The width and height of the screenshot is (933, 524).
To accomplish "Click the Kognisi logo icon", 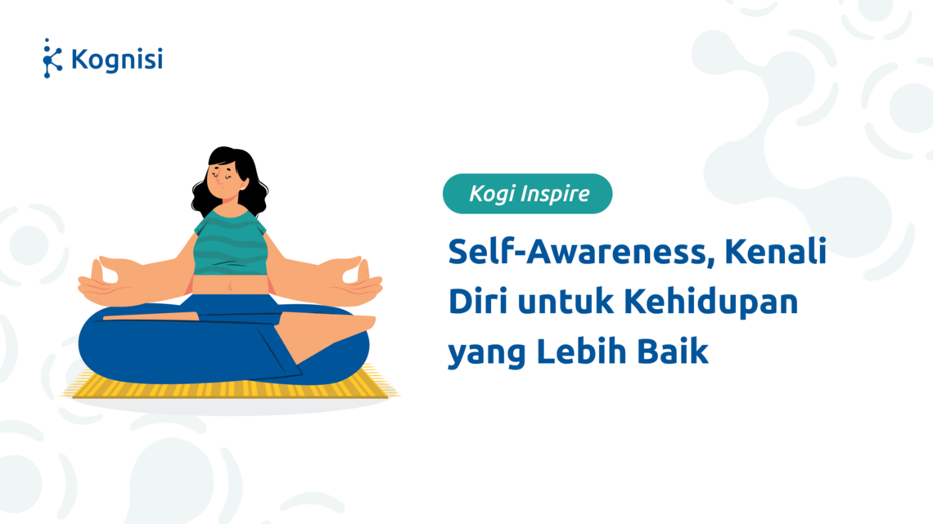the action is (52, 58).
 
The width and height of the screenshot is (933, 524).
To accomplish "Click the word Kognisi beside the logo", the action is (116, 60).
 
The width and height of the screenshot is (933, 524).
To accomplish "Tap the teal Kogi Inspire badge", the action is (527, 194).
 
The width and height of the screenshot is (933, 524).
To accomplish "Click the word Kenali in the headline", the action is (775, 251).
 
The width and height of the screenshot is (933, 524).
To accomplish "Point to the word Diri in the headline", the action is (477, 301).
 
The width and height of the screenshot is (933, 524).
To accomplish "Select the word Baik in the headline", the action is (673, 351).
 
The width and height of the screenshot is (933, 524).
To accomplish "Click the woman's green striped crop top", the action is (230, 243).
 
